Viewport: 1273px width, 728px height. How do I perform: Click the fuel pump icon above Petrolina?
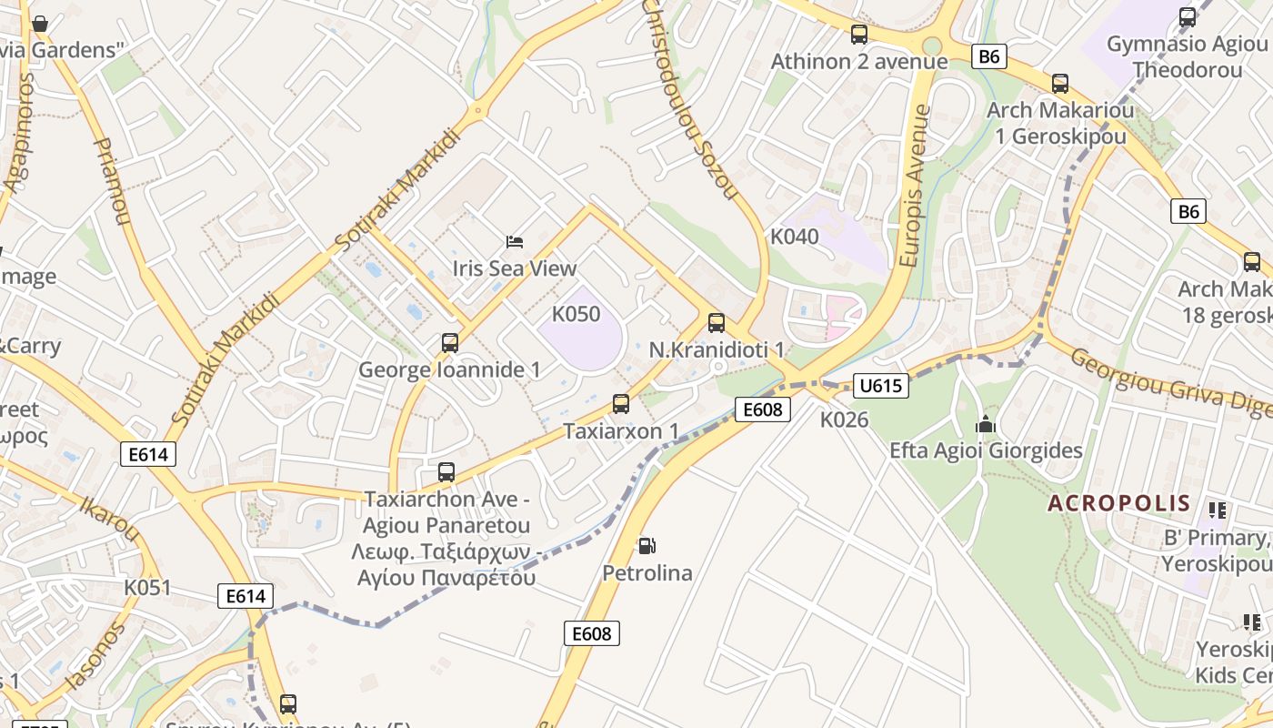pos(647,546)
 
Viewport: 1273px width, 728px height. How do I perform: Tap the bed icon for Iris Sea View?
pos(515,242)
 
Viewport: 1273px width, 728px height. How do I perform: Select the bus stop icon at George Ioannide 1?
pos(450,343)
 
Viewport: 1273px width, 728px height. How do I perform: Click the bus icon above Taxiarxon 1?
pos(621,403)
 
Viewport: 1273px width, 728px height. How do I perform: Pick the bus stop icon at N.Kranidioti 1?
pos(717,322)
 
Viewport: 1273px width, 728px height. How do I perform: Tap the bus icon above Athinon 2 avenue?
pos(859,35)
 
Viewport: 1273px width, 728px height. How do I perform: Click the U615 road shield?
pos(881,386)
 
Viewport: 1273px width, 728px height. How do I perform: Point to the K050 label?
pos(576,314)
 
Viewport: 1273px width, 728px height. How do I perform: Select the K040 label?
pos(795,237)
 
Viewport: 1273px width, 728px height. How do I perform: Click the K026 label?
pos(845,420)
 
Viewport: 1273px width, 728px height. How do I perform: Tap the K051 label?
pos(147,587)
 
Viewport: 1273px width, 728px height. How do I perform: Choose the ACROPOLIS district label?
pos(1119,503)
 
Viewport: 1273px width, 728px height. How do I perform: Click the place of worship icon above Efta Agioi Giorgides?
pos(986,424)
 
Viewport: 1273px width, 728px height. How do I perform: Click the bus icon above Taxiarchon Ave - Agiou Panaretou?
pos(446,471)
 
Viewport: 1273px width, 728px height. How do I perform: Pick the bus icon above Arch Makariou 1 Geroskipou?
pos(1060,84)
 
